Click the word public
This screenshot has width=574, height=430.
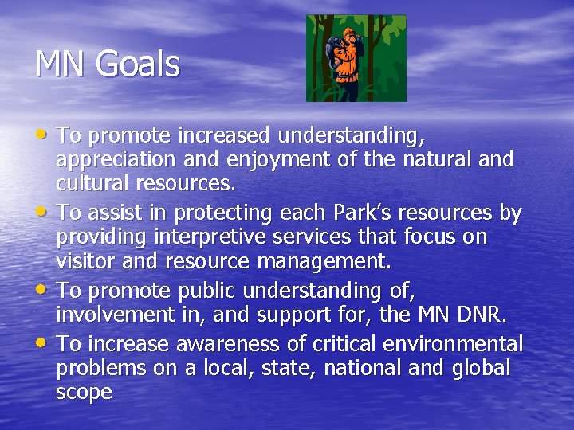[220, 291]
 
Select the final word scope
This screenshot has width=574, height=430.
[84, 393]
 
